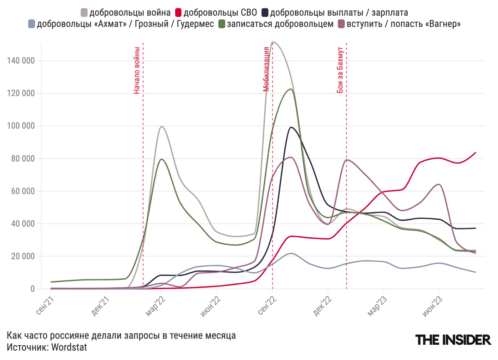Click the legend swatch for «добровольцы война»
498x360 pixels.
point(84,13)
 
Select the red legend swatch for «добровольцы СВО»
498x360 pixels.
point(178,13)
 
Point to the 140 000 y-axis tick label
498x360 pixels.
point(21,61)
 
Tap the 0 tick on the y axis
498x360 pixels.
point(33,289)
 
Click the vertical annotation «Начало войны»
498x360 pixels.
point(137,70)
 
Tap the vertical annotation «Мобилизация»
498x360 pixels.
point(266,69)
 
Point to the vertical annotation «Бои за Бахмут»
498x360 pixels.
point(340,70)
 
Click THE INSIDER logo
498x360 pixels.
point(453,340)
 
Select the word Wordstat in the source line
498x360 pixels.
point(69,347)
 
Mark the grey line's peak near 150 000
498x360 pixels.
point(273,42)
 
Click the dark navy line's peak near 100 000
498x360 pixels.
point(291,127)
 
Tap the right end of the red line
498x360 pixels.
point(475,152)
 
